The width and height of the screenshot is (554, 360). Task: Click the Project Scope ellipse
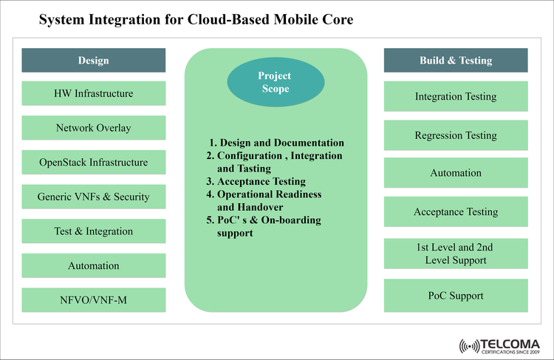click(274, 82)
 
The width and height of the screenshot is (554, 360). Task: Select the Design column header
click(93, 60)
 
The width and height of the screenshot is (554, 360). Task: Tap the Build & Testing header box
click(456, 60)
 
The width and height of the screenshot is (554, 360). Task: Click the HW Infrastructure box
click(93, 94)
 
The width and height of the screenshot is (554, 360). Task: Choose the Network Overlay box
click(93, 128)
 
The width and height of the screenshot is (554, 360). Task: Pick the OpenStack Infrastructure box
click(93, 163)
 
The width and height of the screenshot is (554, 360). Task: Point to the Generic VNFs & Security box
click(93, 197)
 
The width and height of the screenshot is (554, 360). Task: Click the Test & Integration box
click(93, 231)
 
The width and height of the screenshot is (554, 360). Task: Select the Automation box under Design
click(93, 265)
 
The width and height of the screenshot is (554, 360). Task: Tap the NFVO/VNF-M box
click(93, 300)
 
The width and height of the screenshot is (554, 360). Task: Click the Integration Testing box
click(456, 96)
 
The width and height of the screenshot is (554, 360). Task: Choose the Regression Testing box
click(456, 135)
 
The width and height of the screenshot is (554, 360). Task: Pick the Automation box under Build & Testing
click(456, 173)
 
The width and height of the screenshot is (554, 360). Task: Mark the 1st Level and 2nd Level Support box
click(456, 254)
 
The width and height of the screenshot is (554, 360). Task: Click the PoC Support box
click(456, 296)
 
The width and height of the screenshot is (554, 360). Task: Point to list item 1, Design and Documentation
click(278, 143)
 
